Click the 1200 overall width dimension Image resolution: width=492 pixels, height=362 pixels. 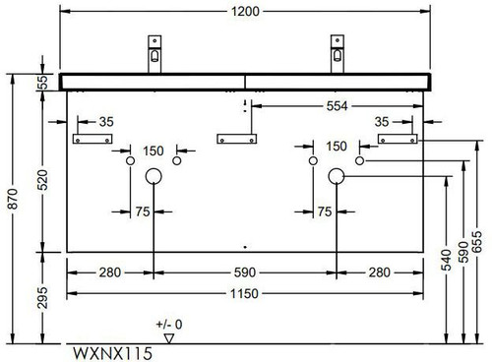pyautogui.click(x=245, y=12)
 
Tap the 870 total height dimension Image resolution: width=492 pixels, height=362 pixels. pyautogui.click(x=14, y=199)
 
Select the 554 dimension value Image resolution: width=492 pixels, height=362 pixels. pyautogui.click(x=337, y=106)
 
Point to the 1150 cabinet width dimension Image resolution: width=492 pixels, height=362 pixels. pyautogui.click(x=244, y=293)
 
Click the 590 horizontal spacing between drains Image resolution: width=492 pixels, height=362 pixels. pyautogui.click(x=245, y=272)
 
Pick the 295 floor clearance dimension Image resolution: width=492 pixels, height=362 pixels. pyautogui.click(x=42, y=298)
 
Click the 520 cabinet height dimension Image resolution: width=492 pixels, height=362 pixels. pyautogui.click(x=42, y=180)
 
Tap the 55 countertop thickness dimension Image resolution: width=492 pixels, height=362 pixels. pyautogui.click(x=42, y=83)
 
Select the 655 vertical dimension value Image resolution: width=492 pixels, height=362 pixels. pyautogui.click(x=477, y=242)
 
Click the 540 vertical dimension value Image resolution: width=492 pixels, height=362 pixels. pyautogui.click(x=446, y=260)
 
